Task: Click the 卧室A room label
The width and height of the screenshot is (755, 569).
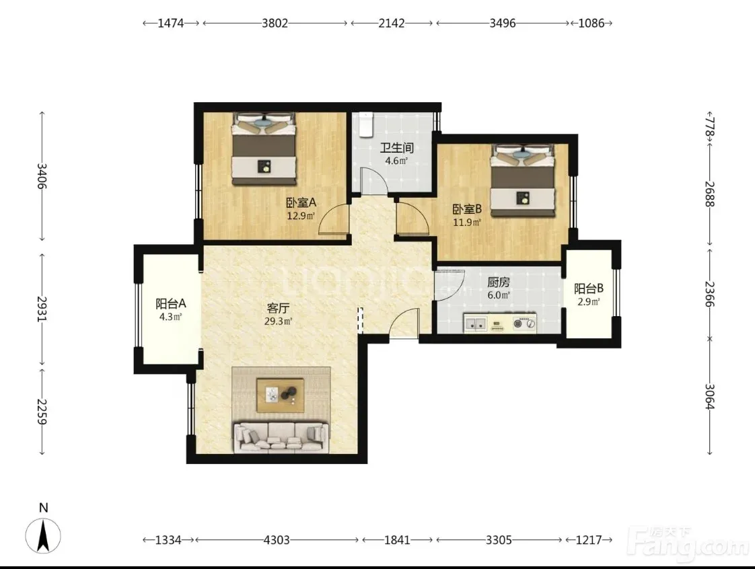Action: tap(301, 202)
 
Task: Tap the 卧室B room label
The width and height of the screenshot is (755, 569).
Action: tap(467, 209)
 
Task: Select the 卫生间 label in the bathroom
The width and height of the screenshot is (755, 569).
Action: tap(397, 148)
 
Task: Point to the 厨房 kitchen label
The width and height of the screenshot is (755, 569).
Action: tap(499, 282)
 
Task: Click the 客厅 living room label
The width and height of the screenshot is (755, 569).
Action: tap(279, 308)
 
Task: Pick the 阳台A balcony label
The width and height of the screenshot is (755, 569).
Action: tap(171, 304)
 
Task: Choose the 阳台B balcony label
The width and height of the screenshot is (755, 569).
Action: tap(588, 289)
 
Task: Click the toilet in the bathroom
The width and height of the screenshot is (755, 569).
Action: tap(367, 124)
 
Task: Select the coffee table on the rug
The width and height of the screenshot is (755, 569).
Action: tap(280, 395)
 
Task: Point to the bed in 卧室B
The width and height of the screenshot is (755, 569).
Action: tap(522, 180)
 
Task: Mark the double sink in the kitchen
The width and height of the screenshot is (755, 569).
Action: tap(476, 324)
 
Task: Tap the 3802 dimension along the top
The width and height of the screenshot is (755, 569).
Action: tap(275, 23)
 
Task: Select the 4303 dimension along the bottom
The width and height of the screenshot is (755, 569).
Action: tap(277, 540)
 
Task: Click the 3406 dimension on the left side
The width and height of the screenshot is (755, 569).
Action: tap(42, 176)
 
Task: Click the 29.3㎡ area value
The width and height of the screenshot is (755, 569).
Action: tap(279, 321)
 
